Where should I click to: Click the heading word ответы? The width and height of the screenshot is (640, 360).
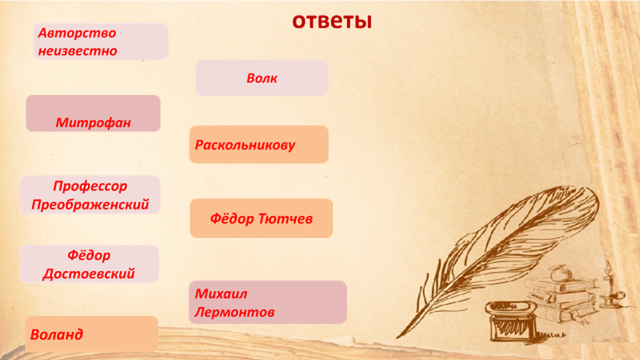[332, 21]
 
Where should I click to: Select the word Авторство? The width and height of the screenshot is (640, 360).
[77, 32]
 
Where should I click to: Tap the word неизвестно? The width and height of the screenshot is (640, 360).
[77, 51]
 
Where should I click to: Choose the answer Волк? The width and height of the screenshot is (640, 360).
[262, 78]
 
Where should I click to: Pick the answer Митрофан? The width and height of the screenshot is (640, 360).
[93, 122]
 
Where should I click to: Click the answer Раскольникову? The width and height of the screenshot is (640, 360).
[245, 145]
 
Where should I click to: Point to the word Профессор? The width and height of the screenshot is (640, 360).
[90, 186]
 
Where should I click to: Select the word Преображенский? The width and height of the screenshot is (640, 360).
[90, 204]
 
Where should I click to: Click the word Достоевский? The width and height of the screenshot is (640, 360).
[89, 274]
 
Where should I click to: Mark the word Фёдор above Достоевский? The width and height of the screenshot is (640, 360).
[89, 256]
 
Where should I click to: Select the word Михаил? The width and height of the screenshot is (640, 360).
[221, 294]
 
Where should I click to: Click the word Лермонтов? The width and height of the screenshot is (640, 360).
[234, 312]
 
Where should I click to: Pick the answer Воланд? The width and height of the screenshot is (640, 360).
[57, 334]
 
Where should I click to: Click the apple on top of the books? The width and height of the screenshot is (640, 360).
[557, 272]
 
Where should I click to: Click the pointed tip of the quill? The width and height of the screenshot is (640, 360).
[397, 337]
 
